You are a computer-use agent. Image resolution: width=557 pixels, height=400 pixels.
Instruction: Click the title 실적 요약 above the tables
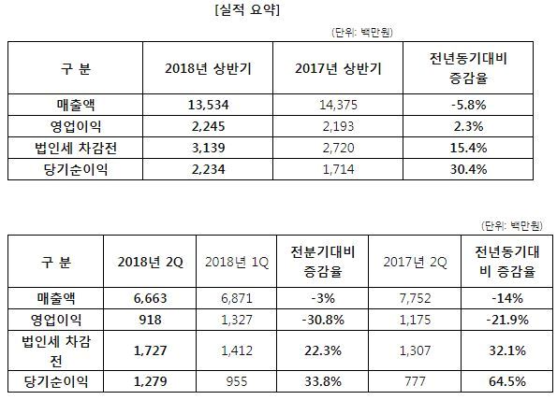[247, 9]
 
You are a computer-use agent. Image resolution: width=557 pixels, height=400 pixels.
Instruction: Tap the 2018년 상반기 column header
[208, 68]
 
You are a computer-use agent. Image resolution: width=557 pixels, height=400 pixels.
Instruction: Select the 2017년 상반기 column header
[338, 68]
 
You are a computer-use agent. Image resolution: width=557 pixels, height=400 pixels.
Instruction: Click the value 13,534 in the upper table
[208, 105]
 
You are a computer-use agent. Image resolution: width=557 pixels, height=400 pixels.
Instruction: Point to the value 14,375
[338, 105]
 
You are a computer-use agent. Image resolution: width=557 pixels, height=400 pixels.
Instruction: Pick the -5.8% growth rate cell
[468, 105]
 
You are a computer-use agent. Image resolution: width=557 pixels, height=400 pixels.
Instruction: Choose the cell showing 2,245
[208, 126]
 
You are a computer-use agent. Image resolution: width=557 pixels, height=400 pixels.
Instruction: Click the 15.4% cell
[468, 148]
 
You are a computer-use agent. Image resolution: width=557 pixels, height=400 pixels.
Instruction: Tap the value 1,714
[338, 169]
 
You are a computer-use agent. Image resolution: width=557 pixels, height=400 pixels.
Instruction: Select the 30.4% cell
[468, 169]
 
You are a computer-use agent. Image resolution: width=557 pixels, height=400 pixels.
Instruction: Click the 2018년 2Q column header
[151, 262]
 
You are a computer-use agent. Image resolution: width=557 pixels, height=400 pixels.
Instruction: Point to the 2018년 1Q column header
[237, 262]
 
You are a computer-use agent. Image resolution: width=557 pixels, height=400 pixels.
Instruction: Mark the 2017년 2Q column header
[415, 262]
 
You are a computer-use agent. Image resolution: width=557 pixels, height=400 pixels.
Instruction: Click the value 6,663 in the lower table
[151, 298]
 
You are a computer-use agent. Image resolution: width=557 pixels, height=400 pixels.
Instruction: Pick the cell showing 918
[151, 320]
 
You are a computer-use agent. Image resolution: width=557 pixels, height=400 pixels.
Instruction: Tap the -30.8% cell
[323, 320]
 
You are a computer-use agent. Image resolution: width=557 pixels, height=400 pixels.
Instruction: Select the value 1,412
[237, 350]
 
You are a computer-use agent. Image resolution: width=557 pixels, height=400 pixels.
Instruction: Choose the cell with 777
[415, 381]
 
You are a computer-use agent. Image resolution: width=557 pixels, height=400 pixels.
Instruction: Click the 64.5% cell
[507, 381]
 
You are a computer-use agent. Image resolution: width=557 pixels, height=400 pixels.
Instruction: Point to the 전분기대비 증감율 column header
[323, 262]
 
